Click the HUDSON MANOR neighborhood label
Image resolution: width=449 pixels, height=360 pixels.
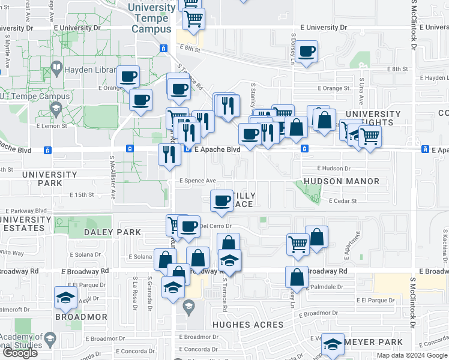(342, 181)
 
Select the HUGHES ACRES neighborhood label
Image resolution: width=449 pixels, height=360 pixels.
(248, 325)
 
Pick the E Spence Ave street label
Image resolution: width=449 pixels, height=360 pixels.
(197, 181)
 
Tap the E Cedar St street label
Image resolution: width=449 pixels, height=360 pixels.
(342, 201)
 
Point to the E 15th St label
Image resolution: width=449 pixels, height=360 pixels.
(82, 195)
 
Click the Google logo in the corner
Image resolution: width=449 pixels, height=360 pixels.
(20, 353)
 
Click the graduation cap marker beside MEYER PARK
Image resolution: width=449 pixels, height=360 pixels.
(332, 343)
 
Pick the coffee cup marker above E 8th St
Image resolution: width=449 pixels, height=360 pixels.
(306, 51)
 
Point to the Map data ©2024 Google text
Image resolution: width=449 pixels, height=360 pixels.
(412, 355)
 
